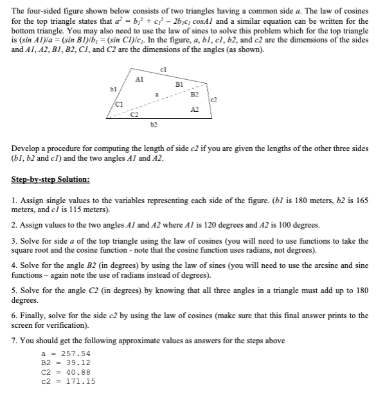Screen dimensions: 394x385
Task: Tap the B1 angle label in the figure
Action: click(179, 83)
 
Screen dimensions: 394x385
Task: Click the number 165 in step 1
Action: click(362, 201)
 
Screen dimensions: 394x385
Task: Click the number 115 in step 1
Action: click(69, 210)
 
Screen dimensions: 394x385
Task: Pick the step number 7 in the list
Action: click(15, 341)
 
